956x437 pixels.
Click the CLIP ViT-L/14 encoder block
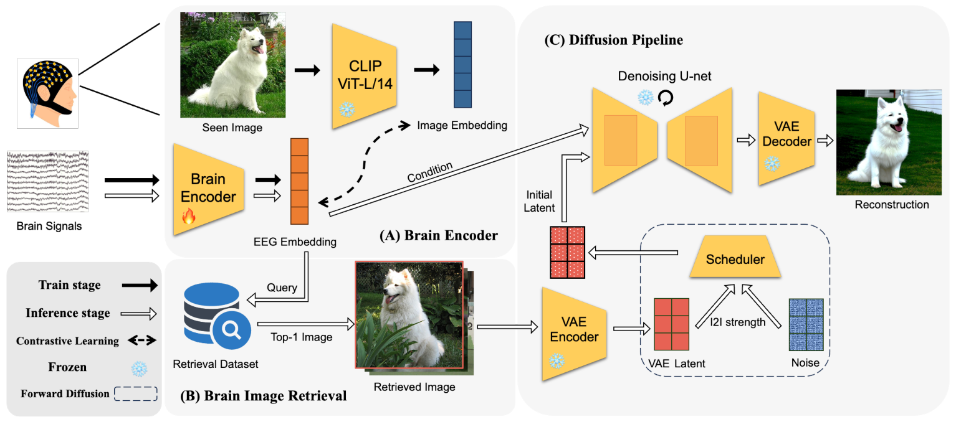364,76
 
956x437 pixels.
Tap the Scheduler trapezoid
735,258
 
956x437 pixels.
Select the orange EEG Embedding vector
299,181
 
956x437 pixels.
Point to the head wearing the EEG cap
47,93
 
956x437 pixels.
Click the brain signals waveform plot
47,181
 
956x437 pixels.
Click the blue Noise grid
806,324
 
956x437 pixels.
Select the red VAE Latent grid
671,324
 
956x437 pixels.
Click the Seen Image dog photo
232,65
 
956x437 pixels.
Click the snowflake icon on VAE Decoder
772,163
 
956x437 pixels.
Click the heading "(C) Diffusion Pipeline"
613,40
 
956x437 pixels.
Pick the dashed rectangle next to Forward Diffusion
135,393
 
